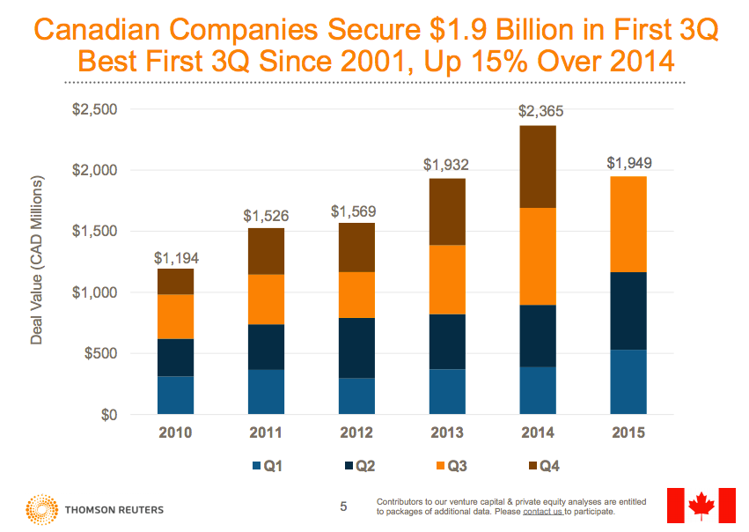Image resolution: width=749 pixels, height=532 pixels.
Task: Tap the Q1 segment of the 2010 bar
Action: tap(175, 395)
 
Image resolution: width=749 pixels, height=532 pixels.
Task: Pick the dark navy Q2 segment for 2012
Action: tap(357, 348)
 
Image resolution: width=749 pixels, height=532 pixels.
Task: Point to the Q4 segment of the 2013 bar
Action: tap(448, 211)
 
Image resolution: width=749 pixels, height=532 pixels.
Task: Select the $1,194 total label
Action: tap(176, 258)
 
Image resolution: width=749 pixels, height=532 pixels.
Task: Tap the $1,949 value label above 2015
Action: tap(629, 163)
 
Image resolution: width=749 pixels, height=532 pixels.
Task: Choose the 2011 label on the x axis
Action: tap(266, 432)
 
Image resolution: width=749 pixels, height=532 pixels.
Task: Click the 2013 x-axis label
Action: tap(448, 432)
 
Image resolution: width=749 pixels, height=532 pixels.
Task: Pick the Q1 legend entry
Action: tap(268, 466)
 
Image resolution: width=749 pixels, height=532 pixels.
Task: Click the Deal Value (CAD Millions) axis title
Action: tap(38, 260)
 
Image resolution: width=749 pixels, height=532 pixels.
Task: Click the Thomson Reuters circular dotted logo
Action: tap(41, 509)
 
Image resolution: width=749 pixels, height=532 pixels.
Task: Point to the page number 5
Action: tap(344, 506)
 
